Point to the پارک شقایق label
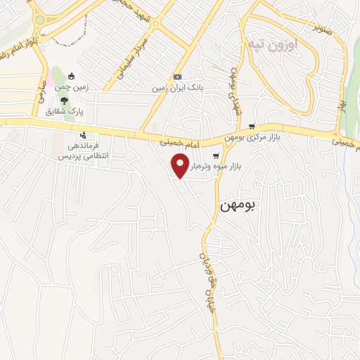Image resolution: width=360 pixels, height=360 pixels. [x=65, y=112]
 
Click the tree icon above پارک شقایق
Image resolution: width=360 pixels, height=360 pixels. [x=65, y=101]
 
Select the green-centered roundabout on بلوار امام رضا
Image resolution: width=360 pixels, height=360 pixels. [x=39, y=20]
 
